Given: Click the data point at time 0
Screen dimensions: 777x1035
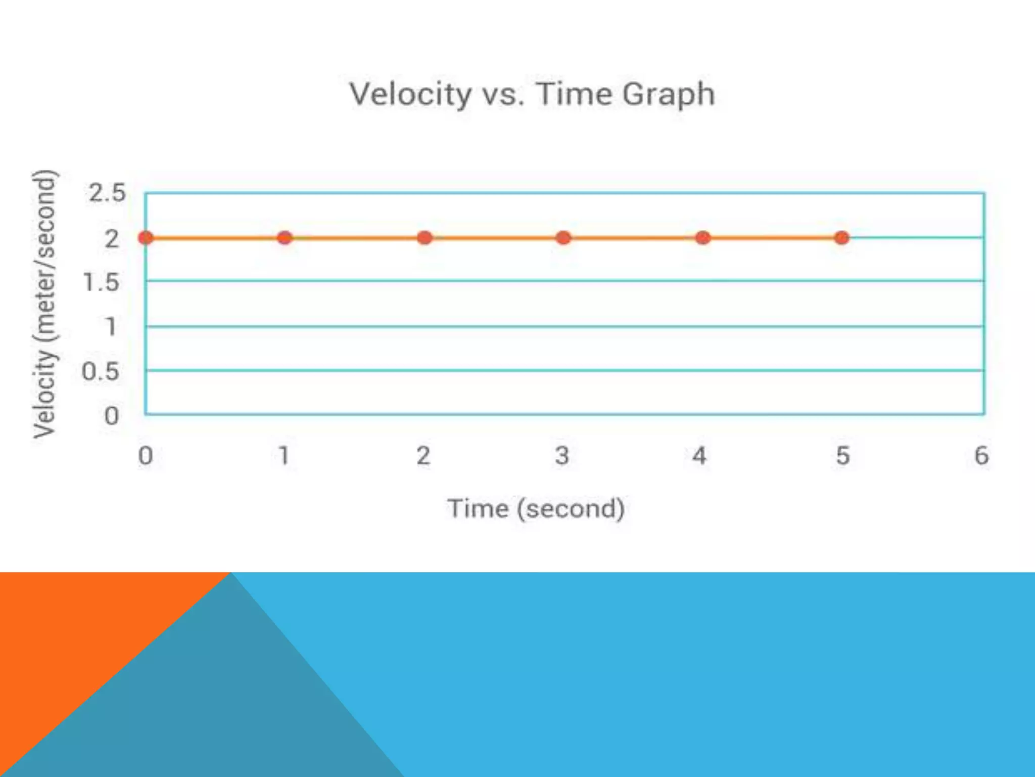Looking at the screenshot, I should coord(146,238).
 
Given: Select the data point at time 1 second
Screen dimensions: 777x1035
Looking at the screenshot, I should coord(285,238).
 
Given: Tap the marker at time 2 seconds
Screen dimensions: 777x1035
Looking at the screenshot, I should coord(425,238).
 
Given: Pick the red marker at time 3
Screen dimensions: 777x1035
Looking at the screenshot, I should coord(563,238).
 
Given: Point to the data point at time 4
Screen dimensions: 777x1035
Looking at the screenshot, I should coord(702,238).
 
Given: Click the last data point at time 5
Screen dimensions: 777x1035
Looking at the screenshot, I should coord(841,238).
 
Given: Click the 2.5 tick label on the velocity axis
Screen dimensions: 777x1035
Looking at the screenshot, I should coord(107,193).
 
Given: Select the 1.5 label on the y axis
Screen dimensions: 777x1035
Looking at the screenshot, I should coord(101,282).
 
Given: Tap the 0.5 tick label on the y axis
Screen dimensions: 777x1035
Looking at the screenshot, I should coord(101,372).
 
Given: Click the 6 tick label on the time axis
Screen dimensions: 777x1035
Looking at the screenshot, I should coord(981,456).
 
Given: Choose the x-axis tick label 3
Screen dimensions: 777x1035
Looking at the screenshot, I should coord(562,456).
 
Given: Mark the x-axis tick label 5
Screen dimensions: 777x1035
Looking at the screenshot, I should coord(842,456).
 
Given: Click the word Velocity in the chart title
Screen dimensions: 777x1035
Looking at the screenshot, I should coord(410,95).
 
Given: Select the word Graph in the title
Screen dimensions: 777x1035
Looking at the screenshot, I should coord(668,95).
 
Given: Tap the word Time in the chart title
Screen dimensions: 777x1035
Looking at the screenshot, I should coord(574,94).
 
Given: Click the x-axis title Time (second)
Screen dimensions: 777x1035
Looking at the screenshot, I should coord(536,508).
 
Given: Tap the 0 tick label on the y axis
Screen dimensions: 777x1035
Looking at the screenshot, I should coord(111,416).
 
